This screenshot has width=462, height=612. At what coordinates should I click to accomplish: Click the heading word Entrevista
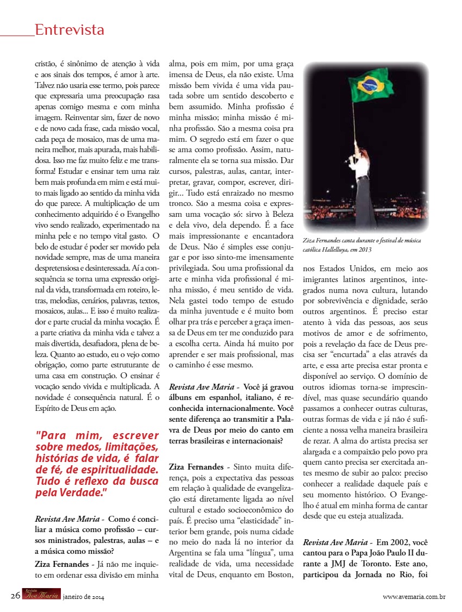pyautogui.click(x=69, y=30)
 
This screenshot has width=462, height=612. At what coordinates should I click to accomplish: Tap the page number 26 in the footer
pyautogui.click(x=15, y=595)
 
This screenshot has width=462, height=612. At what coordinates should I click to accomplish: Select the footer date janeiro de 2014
pyautogui.click(x=83, y=597)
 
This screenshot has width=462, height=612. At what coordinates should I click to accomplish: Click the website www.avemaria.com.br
pyautogui.click(x=414, y=596)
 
